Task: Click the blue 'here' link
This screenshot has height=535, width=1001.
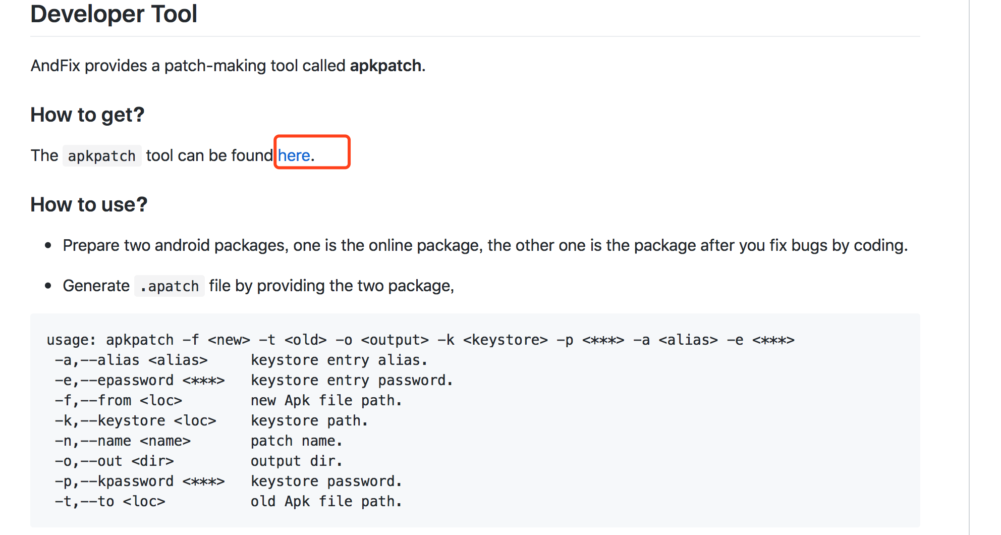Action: pyautogui.click(x=294, y=155)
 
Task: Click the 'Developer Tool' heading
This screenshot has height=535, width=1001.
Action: pyautogui.click(x=114, y=14)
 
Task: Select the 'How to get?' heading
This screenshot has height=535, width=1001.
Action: pyautogui.click(x=87, y=115)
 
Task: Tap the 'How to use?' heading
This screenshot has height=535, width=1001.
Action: pyautogui.click(x=89, y=205)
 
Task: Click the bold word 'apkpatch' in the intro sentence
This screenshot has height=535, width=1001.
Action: pyautogui.click(x=385, y=66)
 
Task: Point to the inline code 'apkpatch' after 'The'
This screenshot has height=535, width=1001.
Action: pyautogui.click(x=102, y=156)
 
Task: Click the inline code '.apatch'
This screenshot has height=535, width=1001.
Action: pyautogui.click(x=170, y=286)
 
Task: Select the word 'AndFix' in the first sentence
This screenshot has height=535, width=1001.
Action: pyautogui.click(x=55, y=66)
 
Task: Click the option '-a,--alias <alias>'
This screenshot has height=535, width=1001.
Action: pyautogui.click(x=131, y=360)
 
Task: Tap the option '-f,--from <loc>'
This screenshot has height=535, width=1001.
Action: pyautogui.click(x=119, y=400)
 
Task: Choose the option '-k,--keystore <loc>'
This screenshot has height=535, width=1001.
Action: pyautogui.click(x=135, y=420)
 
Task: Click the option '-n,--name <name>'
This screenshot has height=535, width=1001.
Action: pyautogui.click(x=123, y=441)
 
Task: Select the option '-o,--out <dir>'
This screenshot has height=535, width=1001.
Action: pyautogui.click(x=114, y=461)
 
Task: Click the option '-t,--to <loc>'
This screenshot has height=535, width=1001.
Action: pyautogui.click(x=110, y=501)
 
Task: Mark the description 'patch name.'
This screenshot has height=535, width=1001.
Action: pyautogui.click(x=296, y=441)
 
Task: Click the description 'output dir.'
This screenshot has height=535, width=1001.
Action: pyautogui.click(x=296, y=461)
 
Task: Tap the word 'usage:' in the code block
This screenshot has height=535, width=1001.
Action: pyautogui.click(x=71, y=340)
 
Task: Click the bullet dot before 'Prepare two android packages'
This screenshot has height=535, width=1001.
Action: pyautogui.click(x=48, y=246)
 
